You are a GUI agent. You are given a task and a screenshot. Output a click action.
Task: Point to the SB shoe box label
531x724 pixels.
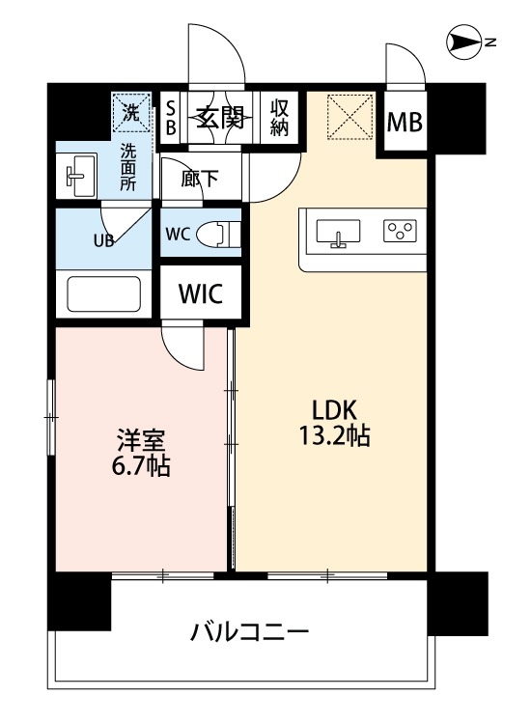[171, 117]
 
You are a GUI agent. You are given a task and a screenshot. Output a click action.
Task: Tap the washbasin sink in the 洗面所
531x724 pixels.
[78, 175]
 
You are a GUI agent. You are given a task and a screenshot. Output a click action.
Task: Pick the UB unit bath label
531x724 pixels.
[104, 240]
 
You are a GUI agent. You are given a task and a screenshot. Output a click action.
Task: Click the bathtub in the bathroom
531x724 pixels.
[103, 292]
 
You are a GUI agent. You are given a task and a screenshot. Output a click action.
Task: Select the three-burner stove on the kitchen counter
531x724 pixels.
[400, 231]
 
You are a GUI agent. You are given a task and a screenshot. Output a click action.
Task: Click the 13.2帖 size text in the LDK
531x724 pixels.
[333, 435]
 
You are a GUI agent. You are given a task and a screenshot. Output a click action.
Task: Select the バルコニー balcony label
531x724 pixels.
[248, 632]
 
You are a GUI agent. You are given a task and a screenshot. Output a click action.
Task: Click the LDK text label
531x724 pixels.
[332, 408]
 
